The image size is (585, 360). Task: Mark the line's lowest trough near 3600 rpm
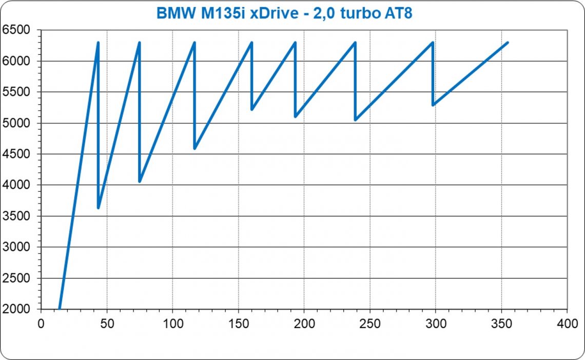coord(98,208)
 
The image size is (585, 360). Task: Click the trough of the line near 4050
coord(140,182)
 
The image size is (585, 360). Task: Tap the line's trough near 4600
coord(194,149)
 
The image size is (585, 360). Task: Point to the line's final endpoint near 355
coord(508,43)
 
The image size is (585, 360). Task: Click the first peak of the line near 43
coord(98,43)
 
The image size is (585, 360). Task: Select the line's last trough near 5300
coord(434,105)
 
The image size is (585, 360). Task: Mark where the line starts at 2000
coord(60,309)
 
